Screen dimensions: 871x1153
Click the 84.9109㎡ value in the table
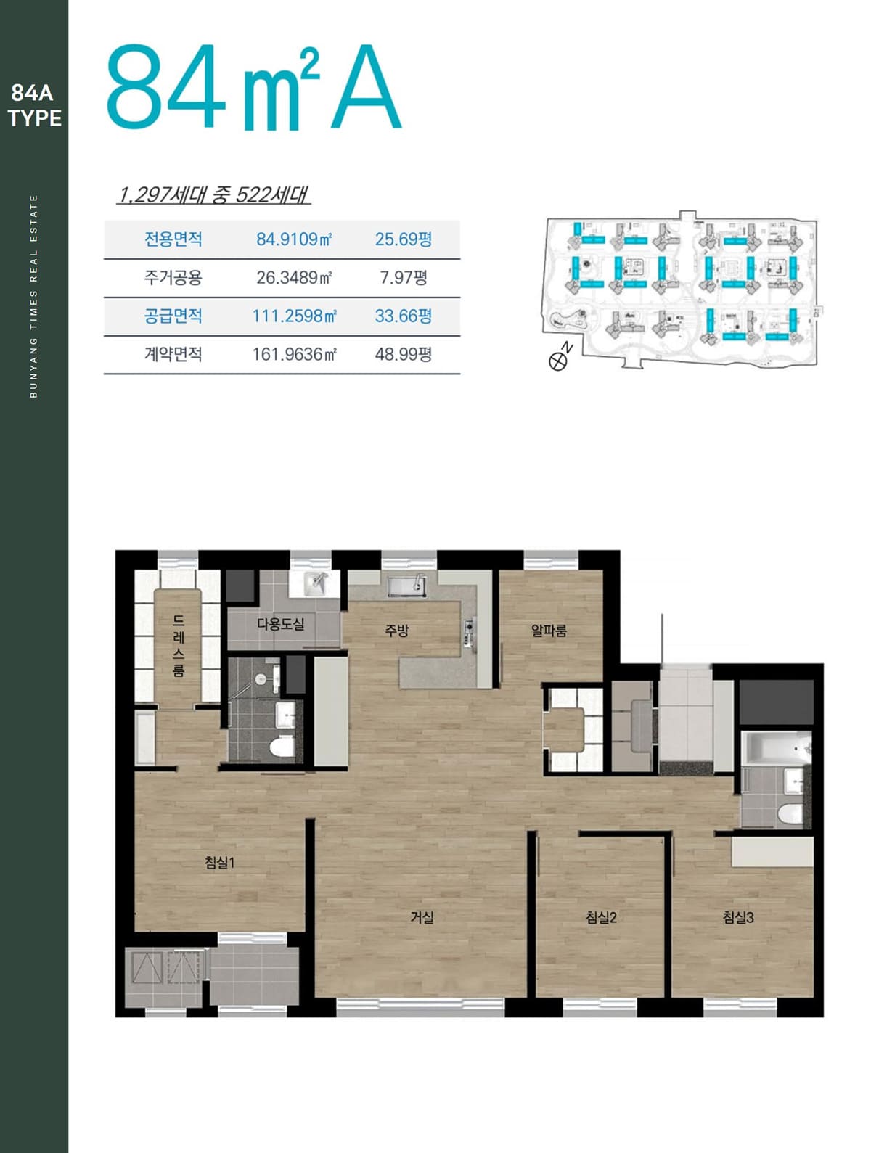294,239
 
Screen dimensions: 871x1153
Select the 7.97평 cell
403,277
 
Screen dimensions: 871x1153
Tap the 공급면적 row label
173,316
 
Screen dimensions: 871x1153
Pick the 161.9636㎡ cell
294,355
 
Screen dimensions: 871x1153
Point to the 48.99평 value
403,355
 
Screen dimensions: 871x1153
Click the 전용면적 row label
173,239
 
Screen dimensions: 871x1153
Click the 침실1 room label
220,863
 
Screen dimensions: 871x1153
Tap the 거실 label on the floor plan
422,918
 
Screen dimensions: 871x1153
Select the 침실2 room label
601,918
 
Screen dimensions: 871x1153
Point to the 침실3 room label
738,918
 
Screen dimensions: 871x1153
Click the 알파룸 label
549,631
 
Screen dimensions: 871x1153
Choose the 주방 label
396,631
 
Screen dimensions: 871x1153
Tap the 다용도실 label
280,624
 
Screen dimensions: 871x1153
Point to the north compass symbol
557,361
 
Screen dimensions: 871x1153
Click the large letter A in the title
366,87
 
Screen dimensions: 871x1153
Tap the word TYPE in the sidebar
35,118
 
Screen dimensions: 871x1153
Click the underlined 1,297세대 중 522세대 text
213,195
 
